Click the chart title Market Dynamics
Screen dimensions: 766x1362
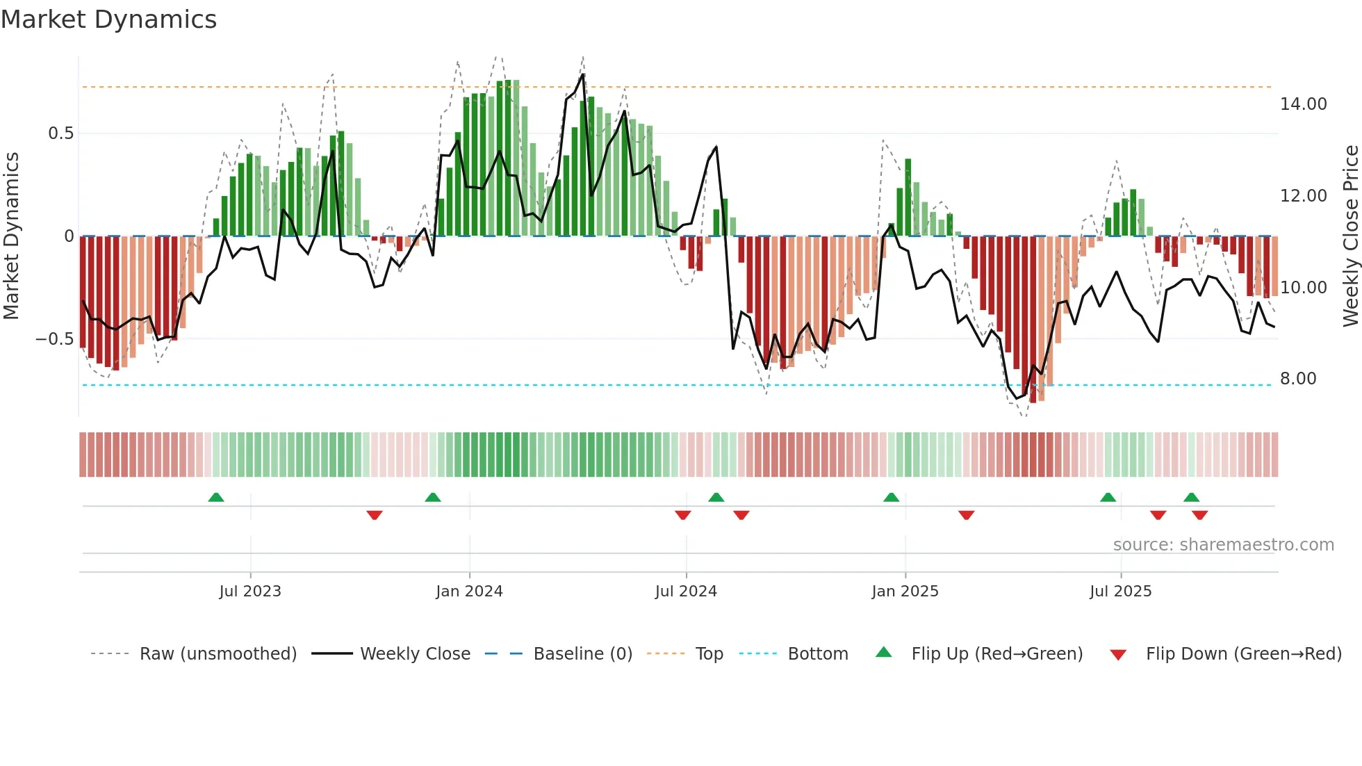(x=108, y=19)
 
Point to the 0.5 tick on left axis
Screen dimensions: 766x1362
(x=60, y=133)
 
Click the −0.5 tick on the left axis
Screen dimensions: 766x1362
(x=55, y=339)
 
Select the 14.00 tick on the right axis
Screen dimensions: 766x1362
(x=1303, y=104)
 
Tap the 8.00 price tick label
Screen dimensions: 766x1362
(x=1297, y=379)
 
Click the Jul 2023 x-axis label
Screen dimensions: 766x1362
(x=250, y=592)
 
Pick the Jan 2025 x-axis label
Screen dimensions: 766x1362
(x=905, y=592)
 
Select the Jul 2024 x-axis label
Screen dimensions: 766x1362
(x=686, y=592)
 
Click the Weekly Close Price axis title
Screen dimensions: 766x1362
(x=1350, y=236)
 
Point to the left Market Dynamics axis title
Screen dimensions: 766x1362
(x=11, y=236)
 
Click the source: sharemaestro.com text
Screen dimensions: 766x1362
(x=1223, y=545)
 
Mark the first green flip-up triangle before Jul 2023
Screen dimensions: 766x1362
(x=216, y=498)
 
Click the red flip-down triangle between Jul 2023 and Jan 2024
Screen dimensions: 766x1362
(x=375, y=515)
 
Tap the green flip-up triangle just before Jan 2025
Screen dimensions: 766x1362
(x=891, y=498)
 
